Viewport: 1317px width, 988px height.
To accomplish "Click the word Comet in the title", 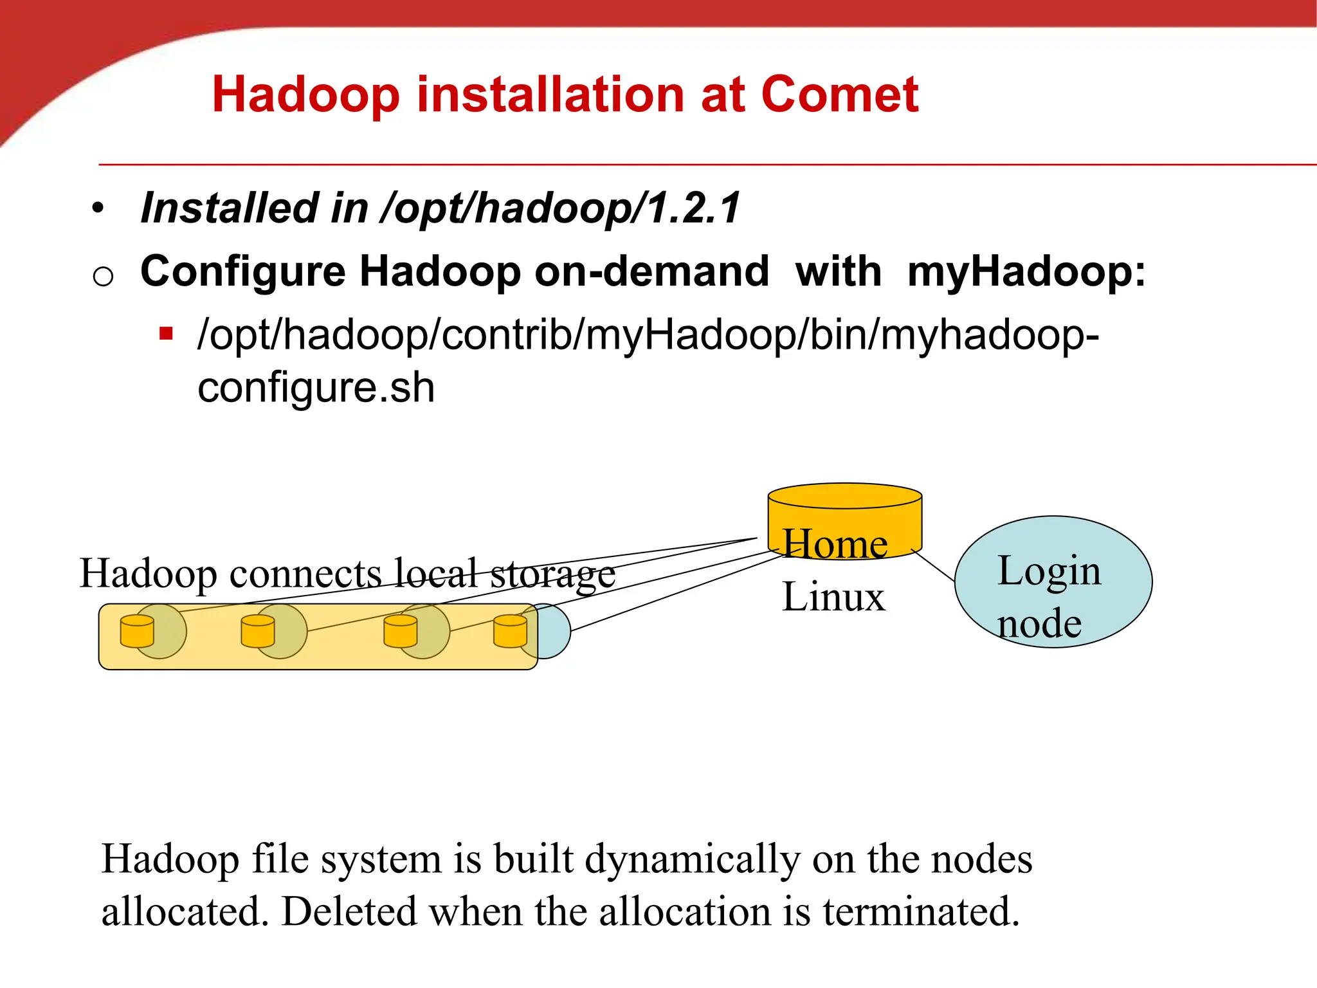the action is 839,95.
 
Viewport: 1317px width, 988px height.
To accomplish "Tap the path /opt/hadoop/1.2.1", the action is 560,208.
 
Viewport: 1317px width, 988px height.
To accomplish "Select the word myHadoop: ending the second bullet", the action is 1026,271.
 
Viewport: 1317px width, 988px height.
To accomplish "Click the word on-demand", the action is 651,271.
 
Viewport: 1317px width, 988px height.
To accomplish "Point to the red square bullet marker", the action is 167,334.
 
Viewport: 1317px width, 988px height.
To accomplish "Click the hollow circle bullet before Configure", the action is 103,277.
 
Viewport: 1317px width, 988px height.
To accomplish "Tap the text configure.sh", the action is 316,388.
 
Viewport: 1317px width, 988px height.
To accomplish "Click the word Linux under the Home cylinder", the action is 833,597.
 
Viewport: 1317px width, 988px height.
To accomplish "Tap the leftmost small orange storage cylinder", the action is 137,631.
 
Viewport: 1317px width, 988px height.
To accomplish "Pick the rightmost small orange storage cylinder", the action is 510,631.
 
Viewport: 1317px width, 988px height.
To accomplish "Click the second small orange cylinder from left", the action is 258,631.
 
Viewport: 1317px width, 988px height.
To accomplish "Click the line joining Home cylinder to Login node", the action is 934,566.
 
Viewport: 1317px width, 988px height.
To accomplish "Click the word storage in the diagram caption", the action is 553,574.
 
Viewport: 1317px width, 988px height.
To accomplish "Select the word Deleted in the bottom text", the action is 349,911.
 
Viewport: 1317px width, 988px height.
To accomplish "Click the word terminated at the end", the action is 921,911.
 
